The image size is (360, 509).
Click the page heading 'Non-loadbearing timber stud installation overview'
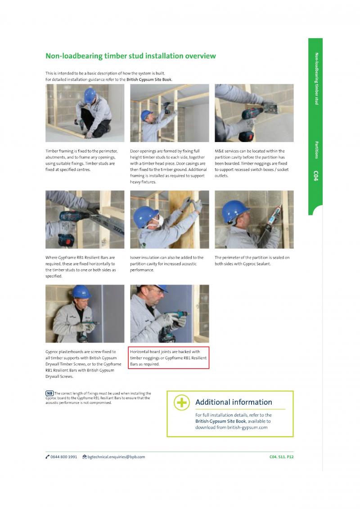coord(130,56)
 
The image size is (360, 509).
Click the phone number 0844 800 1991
coord(64,457)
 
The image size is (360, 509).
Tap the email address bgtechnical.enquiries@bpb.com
coord(116,457)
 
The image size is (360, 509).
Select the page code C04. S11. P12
coord(281,457)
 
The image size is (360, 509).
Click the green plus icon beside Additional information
coord(182,402)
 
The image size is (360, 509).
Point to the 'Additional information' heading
coord(234,402)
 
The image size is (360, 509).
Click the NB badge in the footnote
coord(49,393)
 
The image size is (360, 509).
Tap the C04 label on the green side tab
coord(316,176)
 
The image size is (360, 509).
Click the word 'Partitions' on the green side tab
coord(316,150)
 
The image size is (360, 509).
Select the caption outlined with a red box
coord(168,358)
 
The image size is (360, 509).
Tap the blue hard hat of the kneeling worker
coord(90,95)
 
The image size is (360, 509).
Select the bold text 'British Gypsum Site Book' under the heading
coord(149,80)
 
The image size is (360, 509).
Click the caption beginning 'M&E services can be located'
coord(252,163)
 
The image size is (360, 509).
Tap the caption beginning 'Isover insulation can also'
coord(166,263)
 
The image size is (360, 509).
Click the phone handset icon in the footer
coord(47,457)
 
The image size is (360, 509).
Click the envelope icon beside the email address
coord(85,457)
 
